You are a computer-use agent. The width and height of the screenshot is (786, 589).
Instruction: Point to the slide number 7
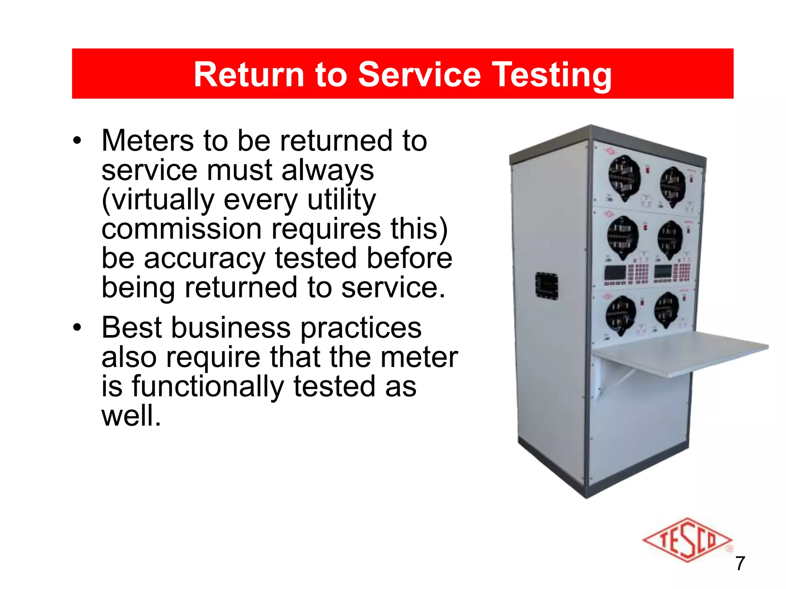coord(740,563)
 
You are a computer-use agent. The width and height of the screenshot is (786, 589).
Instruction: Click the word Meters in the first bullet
coord(147,141)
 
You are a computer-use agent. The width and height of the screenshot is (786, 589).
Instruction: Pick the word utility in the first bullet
coord(341,200)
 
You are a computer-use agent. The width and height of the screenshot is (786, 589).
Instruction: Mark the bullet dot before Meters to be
coord(78,141)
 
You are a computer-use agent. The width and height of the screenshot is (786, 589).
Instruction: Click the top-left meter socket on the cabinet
coord(624,178)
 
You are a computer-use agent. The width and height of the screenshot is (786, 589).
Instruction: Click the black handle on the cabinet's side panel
coord(547,285)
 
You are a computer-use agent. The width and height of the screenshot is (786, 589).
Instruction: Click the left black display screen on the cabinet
coord(615,272)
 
